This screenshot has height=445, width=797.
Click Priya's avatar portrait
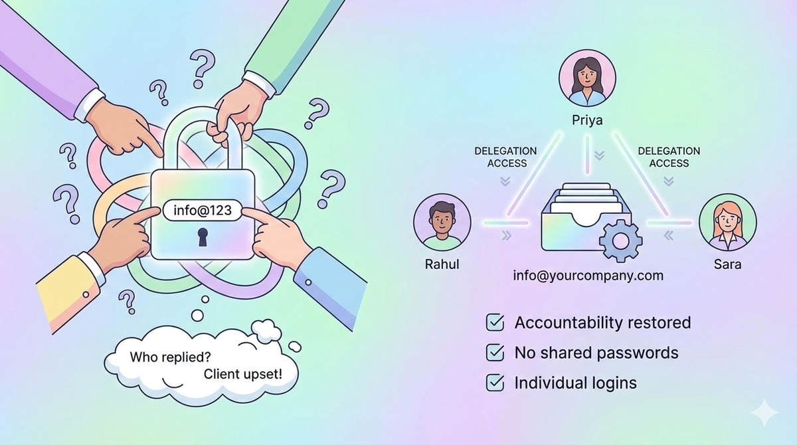587,78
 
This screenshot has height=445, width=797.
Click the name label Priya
587,121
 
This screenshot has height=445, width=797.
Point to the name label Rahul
442,264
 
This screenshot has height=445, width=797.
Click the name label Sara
728,264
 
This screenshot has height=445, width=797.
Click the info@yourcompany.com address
588,275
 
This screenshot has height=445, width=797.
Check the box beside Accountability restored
495,323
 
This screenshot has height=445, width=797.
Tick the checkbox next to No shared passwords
495,353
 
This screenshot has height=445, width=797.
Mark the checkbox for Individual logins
495,383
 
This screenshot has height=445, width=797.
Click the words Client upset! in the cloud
242,374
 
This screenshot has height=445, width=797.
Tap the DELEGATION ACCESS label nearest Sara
669,157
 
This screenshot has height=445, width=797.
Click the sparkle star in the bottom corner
764,412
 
